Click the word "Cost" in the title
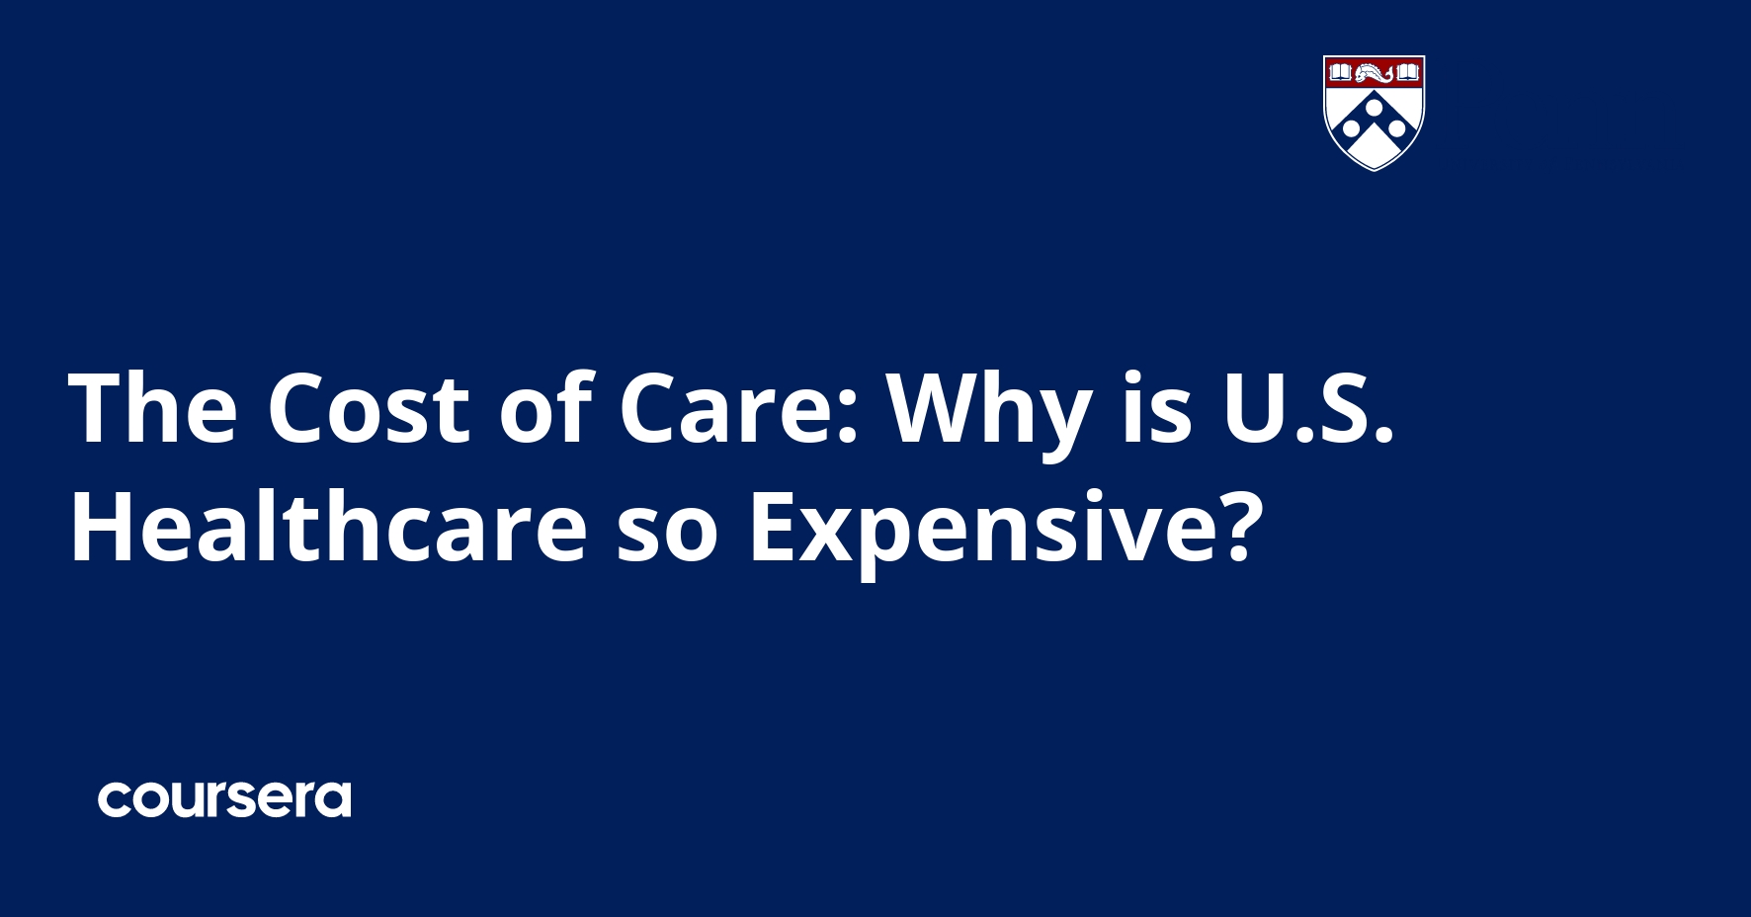click(368, 408)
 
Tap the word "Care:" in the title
click(738, 408)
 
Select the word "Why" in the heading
click(989, 408)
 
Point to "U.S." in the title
click(1308, 408)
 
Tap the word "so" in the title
click(667, 529)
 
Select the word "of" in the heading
click(544, 408)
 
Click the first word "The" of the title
click(153, 408)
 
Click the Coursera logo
click(224, 799)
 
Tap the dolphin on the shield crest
click(1374, 73)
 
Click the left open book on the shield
click(1340, 72)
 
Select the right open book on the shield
click(1407, 72)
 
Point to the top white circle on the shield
click(1374, 106)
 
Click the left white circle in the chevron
click(1351, 128)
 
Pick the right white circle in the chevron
click(1396, 128)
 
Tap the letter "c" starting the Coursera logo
click(115, 800)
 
